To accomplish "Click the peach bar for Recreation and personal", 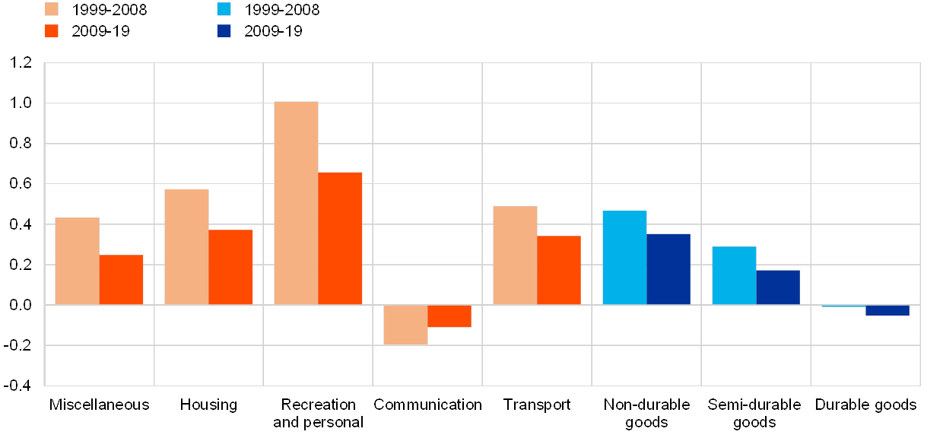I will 296,203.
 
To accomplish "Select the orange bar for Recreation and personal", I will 340,238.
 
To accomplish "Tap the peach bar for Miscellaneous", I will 77,261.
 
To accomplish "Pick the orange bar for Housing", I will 230,267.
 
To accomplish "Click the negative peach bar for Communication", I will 405,325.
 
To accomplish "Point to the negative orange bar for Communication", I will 449,316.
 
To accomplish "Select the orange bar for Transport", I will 559,270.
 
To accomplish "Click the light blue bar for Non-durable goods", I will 624,258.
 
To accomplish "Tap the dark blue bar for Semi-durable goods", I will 778,287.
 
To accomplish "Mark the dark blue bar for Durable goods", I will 887,310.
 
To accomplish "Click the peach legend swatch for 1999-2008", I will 52,9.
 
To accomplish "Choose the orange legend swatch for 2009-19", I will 52,31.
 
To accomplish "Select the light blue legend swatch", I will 224,9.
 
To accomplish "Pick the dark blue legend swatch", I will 224,31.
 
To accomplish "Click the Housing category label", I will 209,405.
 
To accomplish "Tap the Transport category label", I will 537,405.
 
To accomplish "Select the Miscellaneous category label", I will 100,405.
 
